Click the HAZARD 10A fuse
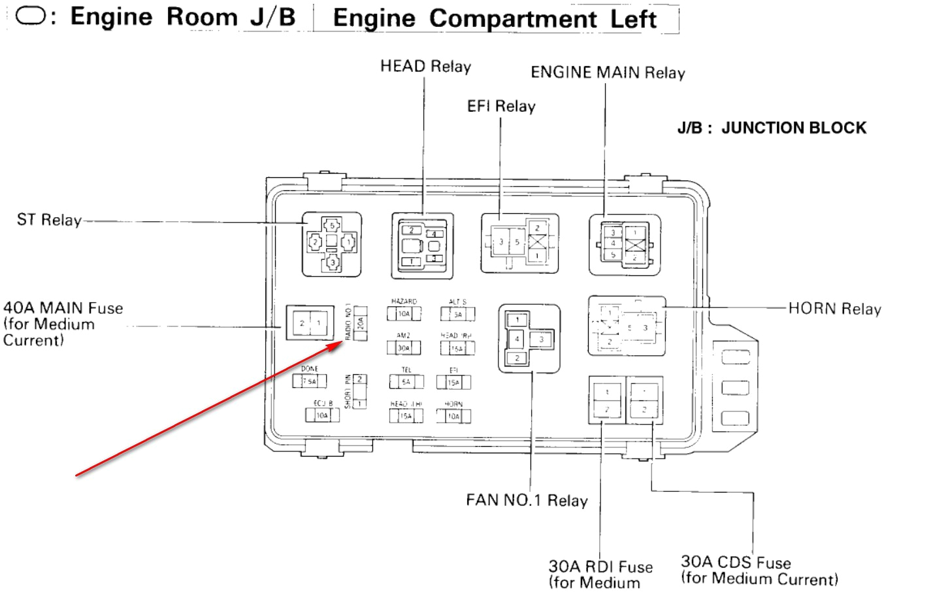pyautogui.click(x=404, y=314)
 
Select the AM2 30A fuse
pyautogui.click(x=404, y=348)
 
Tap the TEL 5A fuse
pyautogui.click(x=406, y=382)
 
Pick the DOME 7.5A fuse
pyautogui.click(x=309, y=381)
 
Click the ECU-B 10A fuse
pyautogui.click(x=321, y=415)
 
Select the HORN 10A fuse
pyautogui.click(x=453, y=416)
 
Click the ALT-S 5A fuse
pyautogui.click(x=457, y=315)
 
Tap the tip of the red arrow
pyautogui.click(x=343, y=342)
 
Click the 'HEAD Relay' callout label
pyautogui.click(x=425, y=67)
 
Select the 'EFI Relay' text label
pyautogui.click(x=500, y=107)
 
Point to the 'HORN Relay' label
pyautogui.click(x=834, y=309)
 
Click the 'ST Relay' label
pyautogui.click(x=49, y=220)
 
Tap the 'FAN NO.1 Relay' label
pyautogui.click(x=527, y=500)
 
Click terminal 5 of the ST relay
pyautogui.click(x=332, y=226)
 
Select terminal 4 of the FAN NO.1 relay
pyautogui.click(x=517, y=339)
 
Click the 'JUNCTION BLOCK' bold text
pyautogui.click(x=793, y=128)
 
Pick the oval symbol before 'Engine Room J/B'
pyautogui.click(x=30, y=16)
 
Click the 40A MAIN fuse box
pyautogui.click(x=310, y=323)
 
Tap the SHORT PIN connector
pyautogui.click(x=359, y=391)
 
